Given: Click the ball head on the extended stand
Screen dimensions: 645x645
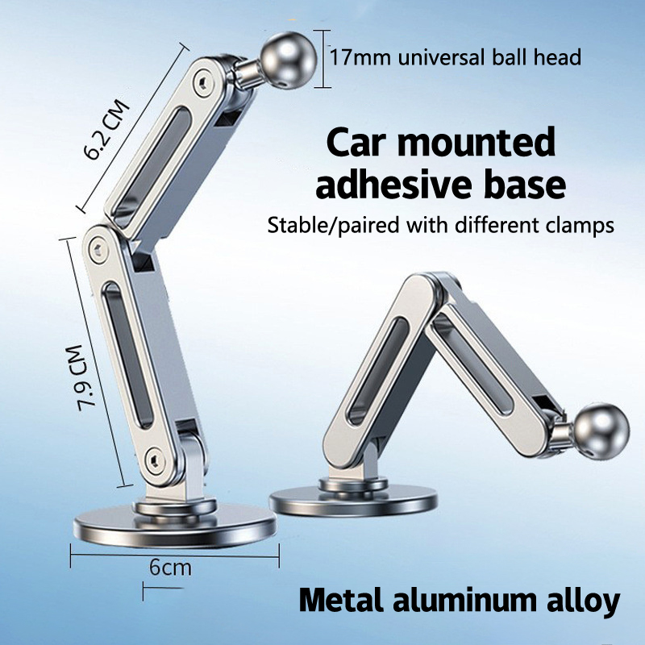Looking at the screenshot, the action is point(289,60).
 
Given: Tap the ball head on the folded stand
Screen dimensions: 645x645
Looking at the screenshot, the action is point(601,431).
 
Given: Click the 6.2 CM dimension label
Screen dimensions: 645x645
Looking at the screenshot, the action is point(106,130).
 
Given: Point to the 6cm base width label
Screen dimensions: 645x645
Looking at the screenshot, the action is point(170,568).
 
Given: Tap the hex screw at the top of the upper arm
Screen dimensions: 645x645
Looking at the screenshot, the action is point(203,84).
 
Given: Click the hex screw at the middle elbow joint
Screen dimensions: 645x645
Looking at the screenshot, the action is point(98,250).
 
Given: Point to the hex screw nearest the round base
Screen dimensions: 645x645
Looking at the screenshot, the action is point(156,460).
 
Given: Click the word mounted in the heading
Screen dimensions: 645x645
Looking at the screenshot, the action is point(476,143).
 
